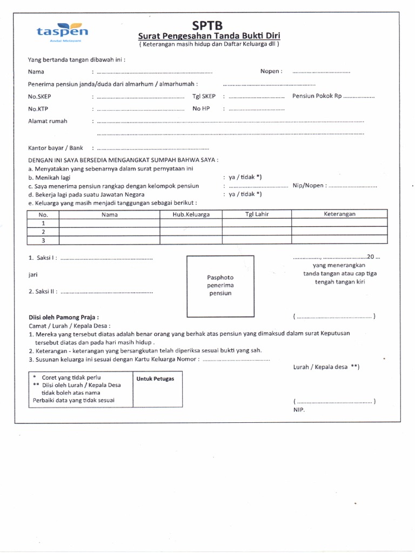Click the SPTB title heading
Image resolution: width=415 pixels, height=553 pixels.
[207, 26]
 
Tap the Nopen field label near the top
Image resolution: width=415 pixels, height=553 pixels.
[271, 71]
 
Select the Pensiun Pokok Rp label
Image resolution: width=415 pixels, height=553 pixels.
[317, 96]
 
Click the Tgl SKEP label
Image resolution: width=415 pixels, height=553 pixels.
[204, 96]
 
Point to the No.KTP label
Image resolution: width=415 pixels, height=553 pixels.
[39, 109]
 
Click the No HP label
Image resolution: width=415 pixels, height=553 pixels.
[200, 109]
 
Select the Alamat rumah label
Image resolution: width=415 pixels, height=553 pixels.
[48, 121]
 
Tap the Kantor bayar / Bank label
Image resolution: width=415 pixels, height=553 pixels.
[56, 147]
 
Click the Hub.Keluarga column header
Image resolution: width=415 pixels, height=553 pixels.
[191, 214]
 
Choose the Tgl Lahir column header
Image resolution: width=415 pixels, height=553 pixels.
[257, 214]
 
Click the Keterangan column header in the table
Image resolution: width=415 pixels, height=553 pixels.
[339, 214]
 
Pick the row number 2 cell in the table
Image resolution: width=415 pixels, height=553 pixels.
[43, 231]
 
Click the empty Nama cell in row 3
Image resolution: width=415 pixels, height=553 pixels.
[109, 240]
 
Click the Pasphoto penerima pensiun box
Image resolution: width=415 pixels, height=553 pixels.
[220, 285]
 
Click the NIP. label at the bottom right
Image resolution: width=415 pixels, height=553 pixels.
[299, 410]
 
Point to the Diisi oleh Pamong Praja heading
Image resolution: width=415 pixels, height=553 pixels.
[63, 317]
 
